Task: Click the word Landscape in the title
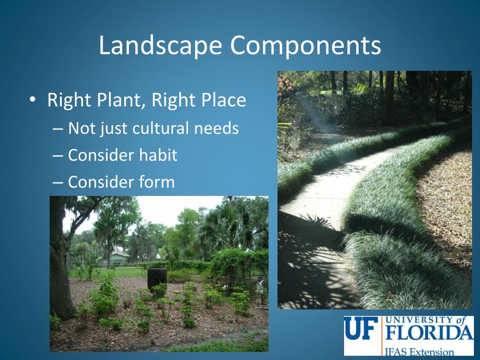pyautogui.click(x=159, y=46)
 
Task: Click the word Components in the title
pyautogui.click(x=305, y=46)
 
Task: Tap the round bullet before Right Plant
pyautogui.click(x=32, y=100)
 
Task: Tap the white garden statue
pyautogui.click(x=259, y=291)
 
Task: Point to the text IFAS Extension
pyautogui.click(x=420, y=350)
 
